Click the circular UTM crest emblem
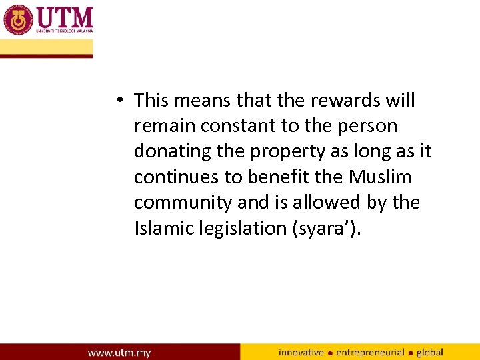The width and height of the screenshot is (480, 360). [18, 20]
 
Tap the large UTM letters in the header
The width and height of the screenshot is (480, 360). [65, 17]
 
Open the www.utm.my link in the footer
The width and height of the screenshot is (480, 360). [119, 351]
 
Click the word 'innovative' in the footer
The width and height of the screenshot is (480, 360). [301, 352]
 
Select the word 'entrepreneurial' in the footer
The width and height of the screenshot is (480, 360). [370, 352]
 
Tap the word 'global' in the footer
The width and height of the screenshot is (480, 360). [430, 352]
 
